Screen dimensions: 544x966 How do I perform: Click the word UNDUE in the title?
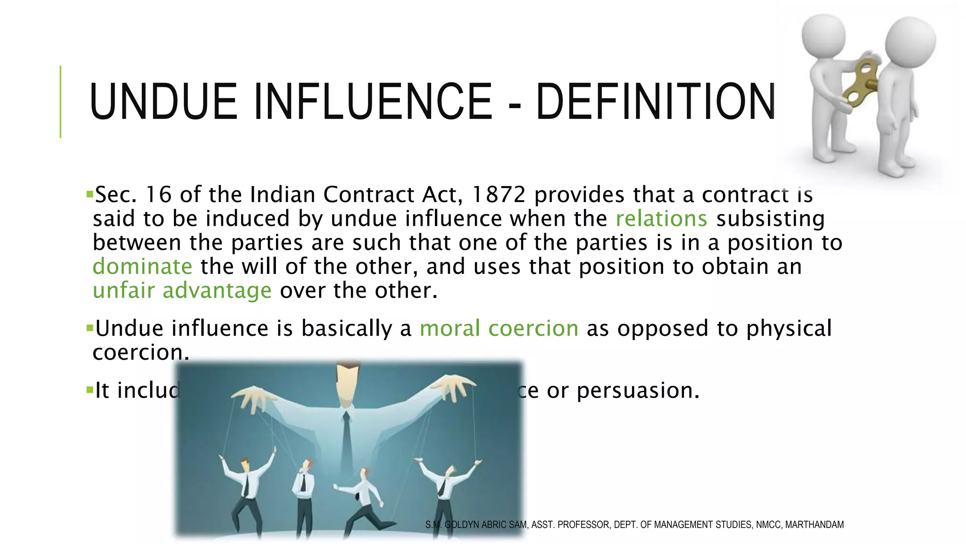[163, 102]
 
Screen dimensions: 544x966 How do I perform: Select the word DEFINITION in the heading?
[656, 102]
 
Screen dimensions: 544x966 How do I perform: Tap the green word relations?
[661, 219]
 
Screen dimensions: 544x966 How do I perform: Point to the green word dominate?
[142, 267]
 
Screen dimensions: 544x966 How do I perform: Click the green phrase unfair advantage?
[182, 290]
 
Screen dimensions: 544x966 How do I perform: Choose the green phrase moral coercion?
[499, 328]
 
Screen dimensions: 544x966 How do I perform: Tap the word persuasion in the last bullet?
[638, 391]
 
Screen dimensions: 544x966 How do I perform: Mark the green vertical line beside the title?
[60, 102]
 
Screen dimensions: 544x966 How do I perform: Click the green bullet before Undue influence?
[89, 327]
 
